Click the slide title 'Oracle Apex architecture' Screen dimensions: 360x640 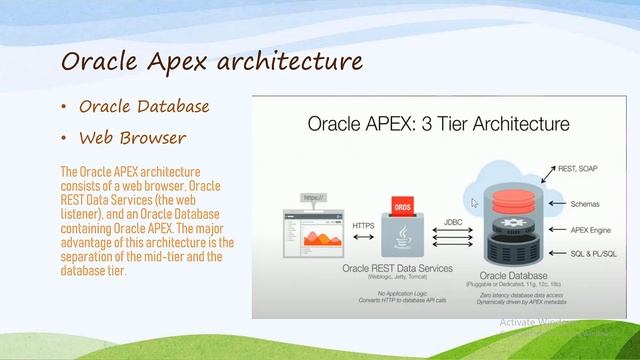(x=211, y=61)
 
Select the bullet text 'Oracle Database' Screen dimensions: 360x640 (x=144, y=106)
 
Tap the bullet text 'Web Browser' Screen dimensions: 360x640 (x=133, y=137)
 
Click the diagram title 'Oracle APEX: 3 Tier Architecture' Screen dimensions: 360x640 (x=437, y=125)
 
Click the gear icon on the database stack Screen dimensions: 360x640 (x=518, y=221)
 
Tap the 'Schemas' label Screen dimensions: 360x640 (x=585, y=203)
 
